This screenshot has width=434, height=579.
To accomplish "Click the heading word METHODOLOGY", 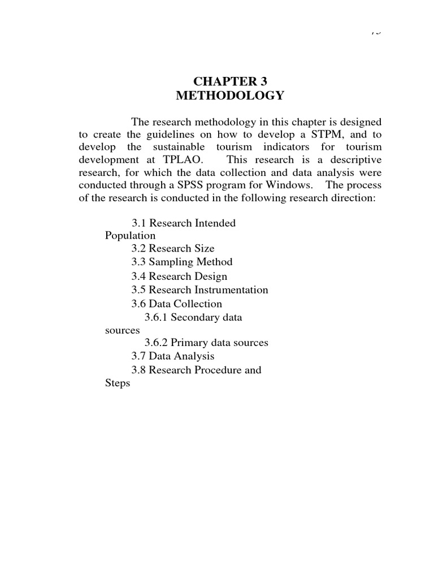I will coord(229,96).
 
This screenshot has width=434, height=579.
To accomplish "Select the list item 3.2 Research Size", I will coord(172,249).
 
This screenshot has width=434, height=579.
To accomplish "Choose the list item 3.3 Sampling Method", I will coord(181,262).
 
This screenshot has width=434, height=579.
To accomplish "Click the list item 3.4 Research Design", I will coord(179,276).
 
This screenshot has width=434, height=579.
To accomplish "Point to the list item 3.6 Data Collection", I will coord(176,304).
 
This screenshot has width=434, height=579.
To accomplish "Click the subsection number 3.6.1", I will coord(156,318).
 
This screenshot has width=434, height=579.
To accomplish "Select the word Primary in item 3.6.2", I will coord(188,343).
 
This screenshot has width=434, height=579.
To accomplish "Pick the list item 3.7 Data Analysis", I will coord(172,356).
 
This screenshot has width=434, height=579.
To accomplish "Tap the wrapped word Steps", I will coord(118,383).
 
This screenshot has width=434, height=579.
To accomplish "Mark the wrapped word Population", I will coord(130,236).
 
